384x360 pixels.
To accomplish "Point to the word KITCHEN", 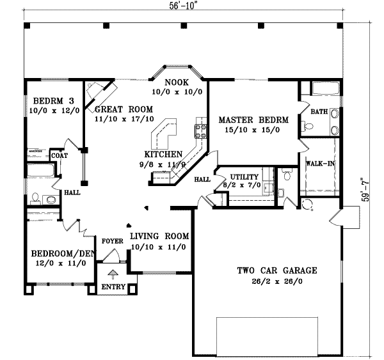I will (x=163, y=154).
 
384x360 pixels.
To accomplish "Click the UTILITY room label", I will (x=244, y=176).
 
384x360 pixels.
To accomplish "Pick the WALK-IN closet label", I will (x=322, y=164).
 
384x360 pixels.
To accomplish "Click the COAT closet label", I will (x=60, y=155).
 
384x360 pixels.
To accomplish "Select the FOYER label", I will (x=112, y=241).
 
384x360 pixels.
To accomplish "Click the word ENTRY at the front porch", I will (x=113, y=288).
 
